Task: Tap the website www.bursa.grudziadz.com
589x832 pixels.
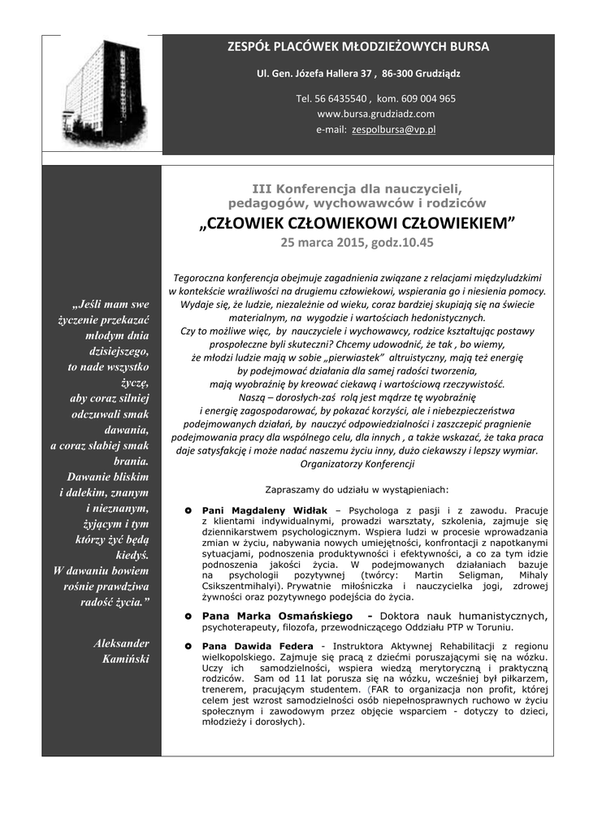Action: (x=375, y=114)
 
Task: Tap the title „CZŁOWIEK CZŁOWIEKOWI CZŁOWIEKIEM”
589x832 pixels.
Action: (x=357, y=223)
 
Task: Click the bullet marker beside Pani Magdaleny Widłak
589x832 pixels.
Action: (x=188, y=510)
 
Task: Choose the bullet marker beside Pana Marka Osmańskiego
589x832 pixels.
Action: (x=188, y=616)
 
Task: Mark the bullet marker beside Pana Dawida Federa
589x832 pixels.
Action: (x=188, y=646)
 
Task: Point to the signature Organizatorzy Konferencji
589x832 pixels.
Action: (x=357, y=464)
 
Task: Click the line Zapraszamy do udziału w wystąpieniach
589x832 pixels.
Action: (x=357, y=489)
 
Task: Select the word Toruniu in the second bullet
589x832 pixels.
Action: (x=488, y=627)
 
